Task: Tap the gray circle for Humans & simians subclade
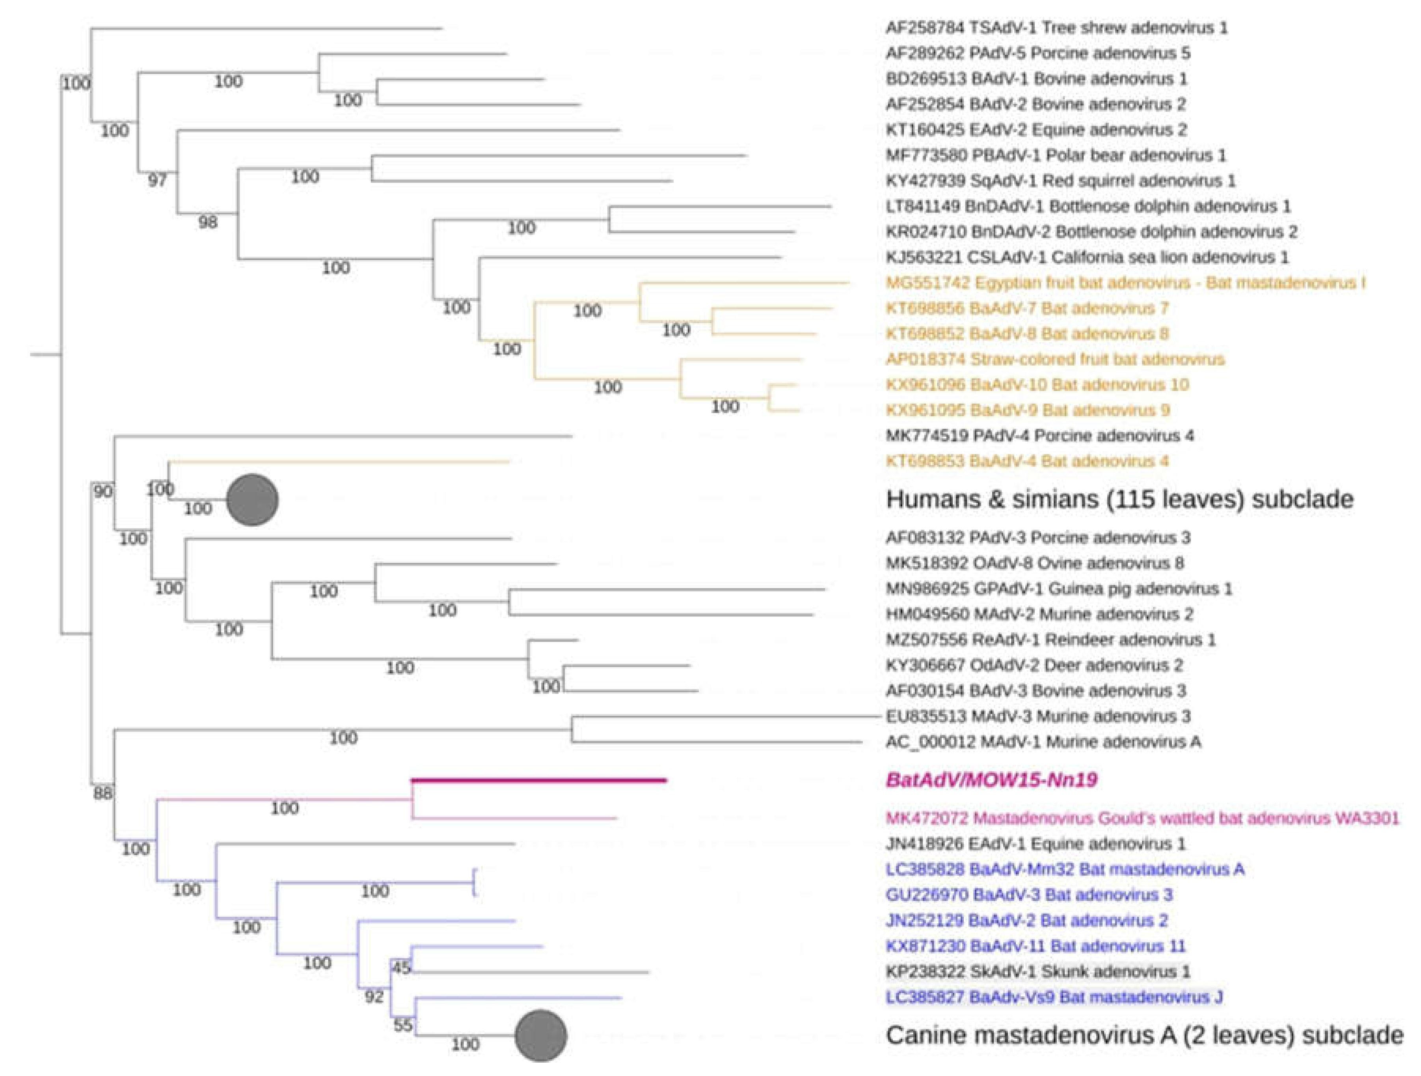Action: [x=252, y=500]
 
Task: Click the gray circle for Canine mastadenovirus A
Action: [x=541, y=1035]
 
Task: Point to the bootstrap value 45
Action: [x=402, y=967]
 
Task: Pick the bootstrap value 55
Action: [x=403, y=1025]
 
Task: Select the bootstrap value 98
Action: [x=207, y=222]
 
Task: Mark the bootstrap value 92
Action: [x=374, y=996]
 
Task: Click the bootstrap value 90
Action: [x=103, y=492]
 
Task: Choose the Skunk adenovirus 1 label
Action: [x=1037, y=971]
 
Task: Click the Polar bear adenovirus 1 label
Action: [x=1056, y=155]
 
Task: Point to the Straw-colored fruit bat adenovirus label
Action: [x=1055, y=359]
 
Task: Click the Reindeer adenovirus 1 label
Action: [x=1050, y=640]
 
